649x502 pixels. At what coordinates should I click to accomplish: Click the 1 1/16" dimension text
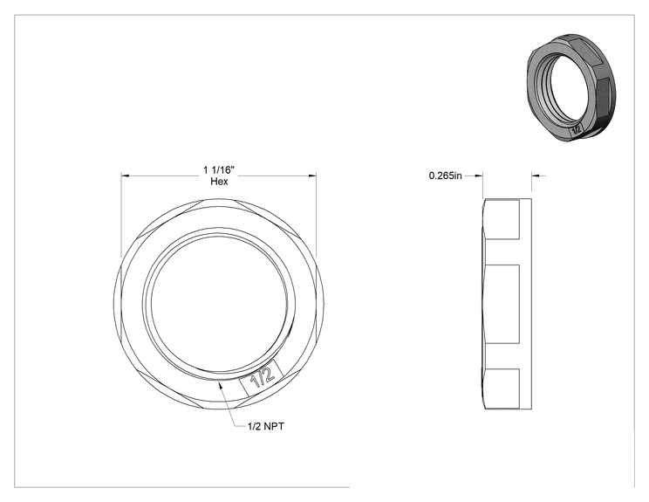219,170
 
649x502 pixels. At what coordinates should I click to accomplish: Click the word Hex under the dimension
219,182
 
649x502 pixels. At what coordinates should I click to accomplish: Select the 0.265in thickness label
445,175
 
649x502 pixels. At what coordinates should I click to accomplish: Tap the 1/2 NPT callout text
266,426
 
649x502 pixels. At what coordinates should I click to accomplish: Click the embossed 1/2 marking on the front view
263,378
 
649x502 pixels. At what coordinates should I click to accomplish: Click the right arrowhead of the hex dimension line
311,176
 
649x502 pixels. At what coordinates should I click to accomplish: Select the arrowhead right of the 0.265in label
479,175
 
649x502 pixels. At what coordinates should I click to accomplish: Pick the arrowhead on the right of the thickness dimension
536,176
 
